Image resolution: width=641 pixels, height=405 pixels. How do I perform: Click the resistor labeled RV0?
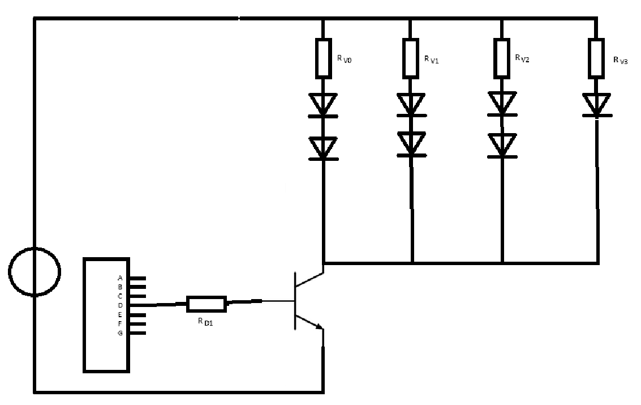(x=323, y=58)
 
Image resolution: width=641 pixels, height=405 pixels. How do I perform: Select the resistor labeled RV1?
(x=410, y=58)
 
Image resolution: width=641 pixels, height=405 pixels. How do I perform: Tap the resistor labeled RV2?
(x=502, y=58)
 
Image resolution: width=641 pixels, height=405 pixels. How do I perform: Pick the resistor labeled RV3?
(x=596, y=58)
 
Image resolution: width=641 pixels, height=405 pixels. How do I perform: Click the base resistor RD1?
(x=207, y=304)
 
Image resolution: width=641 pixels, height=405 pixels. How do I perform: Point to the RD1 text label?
(x=205, y=322)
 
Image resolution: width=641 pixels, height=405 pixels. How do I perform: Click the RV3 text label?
(x=620, y=61)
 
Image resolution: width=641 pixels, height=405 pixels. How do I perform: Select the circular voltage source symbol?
(x=35, y=271)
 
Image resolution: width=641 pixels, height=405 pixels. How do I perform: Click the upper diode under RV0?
(x=323, y=105)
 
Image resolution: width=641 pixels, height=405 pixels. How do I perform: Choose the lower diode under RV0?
(x=323, y=148)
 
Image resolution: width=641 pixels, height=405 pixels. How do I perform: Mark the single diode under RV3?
(x=597, y=105)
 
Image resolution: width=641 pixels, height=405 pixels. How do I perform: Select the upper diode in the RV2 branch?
(x=502, y=104)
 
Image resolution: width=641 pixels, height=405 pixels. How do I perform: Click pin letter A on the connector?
(x=120, y=278)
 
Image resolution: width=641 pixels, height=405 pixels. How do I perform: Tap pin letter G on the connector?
(x=120, y=334)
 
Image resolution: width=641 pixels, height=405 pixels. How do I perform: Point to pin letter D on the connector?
(x=120, y=306)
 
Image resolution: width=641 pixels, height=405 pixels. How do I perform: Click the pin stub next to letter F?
(x=138, y=324)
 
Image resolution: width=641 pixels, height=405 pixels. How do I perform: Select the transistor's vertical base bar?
(x=294, y=301)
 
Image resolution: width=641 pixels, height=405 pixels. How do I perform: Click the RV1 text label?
(x=431, y=59)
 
